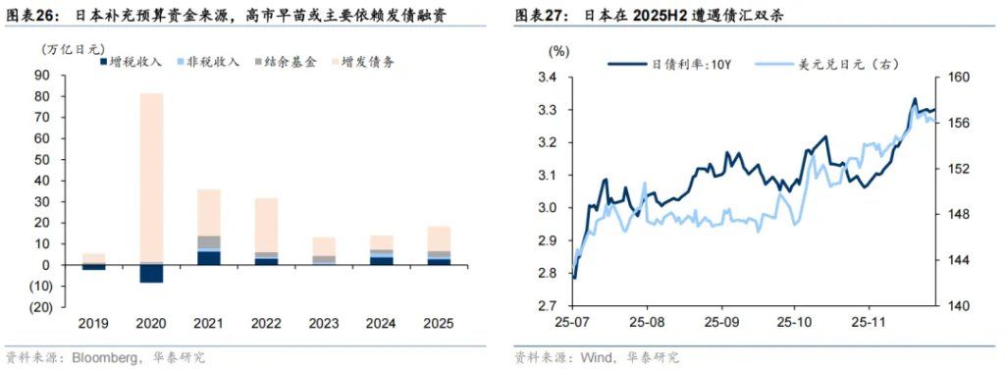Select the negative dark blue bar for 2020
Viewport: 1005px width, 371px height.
pyautogui.click(x=151, y=274)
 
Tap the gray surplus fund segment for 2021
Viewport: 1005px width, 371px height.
pyautogui.click(x=209, y=242)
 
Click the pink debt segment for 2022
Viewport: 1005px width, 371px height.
pyautogui.click(x=266, y=225)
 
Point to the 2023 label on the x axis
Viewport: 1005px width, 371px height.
pyautogui.click(x=324, y=323)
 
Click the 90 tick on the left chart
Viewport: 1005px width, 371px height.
pyautogui.click(x=42, y=77)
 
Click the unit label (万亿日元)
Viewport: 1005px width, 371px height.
pyautogui.click(x=72, y=48)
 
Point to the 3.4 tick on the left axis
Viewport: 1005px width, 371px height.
pyautogui.click(x=547, y=78)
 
